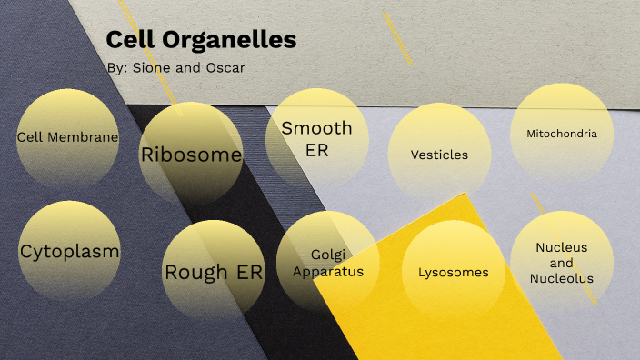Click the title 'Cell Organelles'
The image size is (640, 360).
[x=201, y=40]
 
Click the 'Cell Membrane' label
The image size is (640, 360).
[x=68, y=137]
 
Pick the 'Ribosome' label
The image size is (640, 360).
[x=191, y=155]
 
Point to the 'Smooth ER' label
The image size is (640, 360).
[x=316, y=138]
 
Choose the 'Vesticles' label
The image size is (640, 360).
[x=439, y=155]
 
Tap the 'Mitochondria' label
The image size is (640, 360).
[x=562, y=134]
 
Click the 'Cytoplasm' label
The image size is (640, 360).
[x=69, y=251]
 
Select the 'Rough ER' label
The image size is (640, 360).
[x=214, y=272]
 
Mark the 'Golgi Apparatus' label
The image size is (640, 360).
[x=329, y=263]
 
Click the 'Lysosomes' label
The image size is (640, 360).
[x=454, y=272]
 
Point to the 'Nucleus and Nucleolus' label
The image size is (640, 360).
[x=562, y=263]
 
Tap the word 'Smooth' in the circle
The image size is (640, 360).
[x=316, y=128]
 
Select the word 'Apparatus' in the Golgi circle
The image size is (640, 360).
[x=329, y=271]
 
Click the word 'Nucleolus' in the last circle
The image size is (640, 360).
[x=562, y=278]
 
